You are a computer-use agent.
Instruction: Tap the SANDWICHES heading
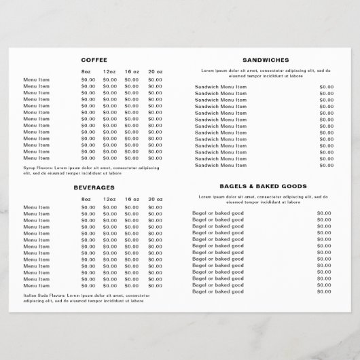tap(266, 60)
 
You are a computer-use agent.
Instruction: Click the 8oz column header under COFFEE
tap(86, 72)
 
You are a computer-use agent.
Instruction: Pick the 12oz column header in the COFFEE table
tap(109, 72)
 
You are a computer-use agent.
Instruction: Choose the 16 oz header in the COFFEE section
tap(132, 72)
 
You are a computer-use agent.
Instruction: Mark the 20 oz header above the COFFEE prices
tap(155, 72)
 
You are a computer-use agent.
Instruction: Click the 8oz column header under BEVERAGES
tap(86, 199)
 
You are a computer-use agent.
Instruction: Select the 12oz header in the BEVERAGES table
tap(109, 199)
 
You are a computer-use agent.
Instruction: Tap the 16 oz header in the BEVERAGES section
tap(132, 199)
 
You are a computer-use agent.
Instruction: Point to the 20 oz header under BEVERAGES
tap(155, 199)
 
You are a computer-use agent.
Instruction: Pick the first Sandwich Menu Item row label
tap(221, 86)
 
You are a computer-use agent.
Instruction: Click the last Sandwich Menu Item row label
tap(221, 165)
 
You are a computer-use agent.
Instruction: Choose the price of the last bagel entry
tap(324, 291)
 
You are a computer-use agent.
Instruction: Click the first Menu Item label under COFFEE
tap(37, 80)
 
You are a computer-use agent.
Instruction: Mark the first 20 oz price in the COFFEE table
tap(155, 80)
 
